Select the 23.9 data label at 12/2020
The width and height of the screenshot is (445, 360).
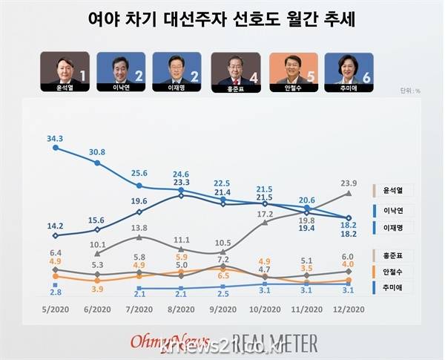pyautogui.click(x=349, y=183)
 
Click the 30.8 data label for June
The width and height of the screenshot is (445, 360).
pyautogui.click(x=98, y=151)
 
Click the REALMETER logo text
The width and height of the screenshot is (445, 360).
pyautogui.click(x=275, y=342)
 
